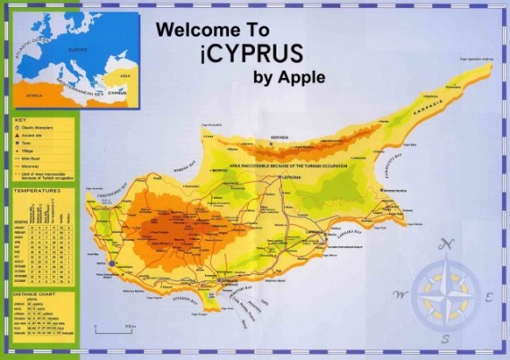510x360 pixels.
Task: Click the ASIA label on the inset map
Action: click(125, 76)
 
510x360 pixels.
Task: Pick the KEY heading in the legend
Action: click(20, 118)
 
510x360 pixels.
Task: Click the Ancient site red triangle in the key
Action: click(19, 135)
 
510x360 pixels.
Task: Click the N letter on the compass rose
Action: click(450, 244)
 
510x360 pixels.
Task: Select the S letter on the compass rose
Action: click(445, 339)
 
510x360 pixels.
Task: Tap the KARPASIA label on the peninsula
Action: click(429, 111)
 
